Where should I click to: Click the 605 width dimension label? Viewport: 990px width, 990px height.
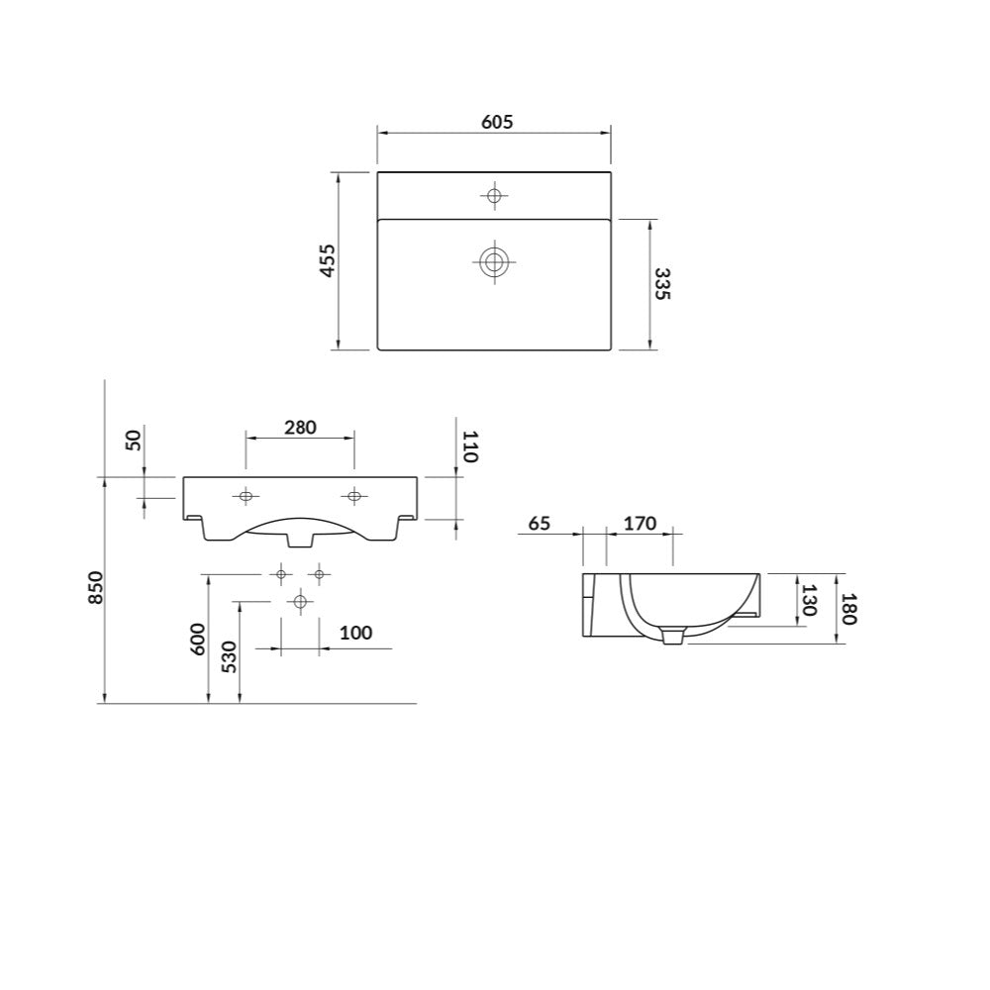pyautogui.click(x=496, y=122)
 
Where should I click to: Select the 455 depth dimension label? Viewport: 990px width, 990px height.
pyautogui.click(x=329, y=260)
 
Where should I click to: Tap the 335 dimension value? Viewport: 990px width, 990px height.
pyautogui.click(x=661, y=284)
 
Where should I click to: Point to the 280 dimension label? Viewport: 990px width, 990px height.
pyautogui.click(x=300, y=428)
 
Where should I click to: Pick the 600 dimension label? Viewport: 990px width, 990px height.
pyautogui.click(x=198, y=639)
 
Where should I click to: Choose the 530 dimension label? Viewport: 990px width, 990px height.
pyautogui.click(x=229, y=656)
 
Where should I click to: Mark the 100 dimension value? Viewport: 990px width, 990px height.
pyautogui.click(x=355, y=633)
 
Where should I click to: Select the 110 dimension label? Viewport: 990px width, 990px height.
pyautogui.click(x=469, y=446)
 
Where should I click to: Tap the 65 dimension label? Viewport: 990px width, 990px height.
pyautogui.click(x=540, y=524)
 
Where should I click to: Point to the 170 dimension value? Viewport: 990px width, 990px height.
pyautogui.click(x=640, y=524)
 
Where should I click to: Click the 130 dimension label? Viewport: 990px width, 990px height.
pyautogui.click(x=809, y=601)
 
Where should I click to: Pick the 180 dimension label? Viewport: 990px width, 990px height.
pyautogui.click(x=847, y=608)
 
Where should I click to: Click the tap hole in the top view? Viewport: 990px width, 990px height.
pyautogui.click(x=494, y=195)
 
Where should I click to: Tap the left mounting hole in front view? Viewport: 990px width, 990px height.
pyautogui.click(x=246, y=495)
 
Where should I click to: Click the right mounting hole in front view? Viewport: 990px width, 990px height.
pyautogui.click(x=353, y=495)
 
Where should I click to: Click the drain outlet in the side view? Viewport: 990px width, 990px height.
pyautogui.click(x=673, y=637)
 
